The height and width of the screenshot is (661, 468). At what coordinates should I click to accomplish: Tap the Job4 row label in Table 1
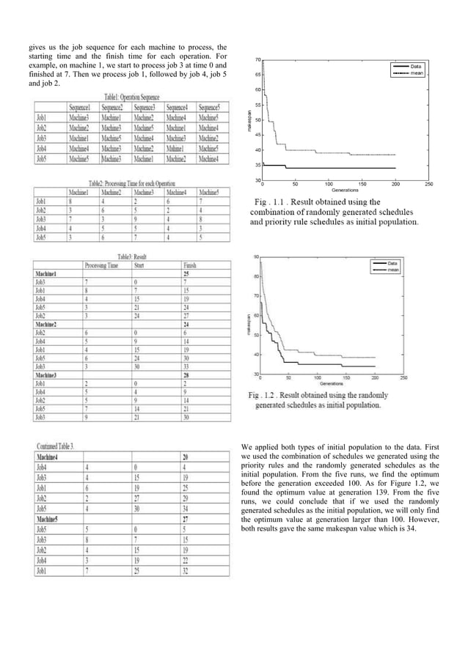coord(41,147)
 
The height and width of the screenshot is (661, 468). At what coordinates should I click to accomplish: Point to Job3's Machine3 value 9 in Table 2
coord(136,218)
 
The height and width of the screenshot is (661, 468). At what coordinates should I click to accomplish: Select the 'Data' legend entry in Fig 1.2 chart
coord(392,262)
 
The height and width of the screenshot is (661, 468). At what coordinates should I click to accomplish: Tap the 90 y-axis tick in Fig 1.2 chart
coord(255,256)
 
